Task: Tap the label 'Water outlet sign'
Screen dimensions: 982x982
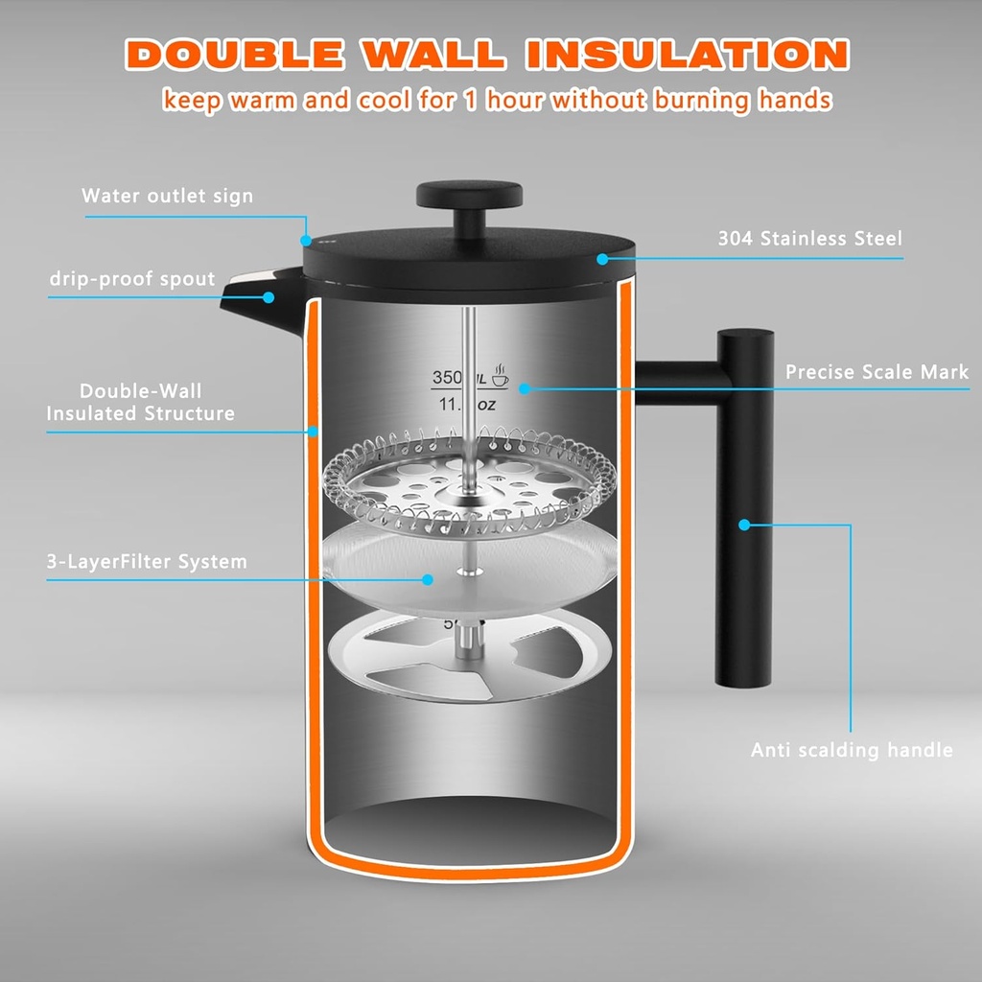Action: tap(167, 196)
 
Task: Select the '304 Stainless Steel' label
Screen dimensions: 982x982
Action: tap(809, 238)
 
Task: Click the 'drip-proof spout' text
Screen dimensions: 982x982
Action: tap(132, 279)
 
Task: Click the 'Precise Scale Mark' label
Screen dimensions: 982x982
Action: tap(877, 371)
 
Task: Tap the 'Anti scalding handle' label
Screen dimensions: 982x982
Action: tap(852, 750)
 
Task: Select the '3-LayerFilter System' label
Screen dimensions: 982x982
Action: tap(147, 562)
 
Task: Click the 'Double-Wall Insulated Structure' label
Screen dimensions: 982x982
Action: tap(141, 402)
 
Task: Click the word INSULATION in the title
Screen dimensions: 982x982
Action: tap(691, 54)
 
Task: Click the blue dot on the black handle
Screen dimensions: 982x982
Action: tap(744, 524)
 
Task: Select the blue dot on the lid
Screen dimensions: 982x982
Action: tap(602, 258)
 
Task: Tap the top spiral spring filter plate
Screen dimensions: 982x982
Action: tap(470, 477)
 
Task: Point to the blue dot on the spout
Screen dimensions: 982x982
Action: tap(269, 297)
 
